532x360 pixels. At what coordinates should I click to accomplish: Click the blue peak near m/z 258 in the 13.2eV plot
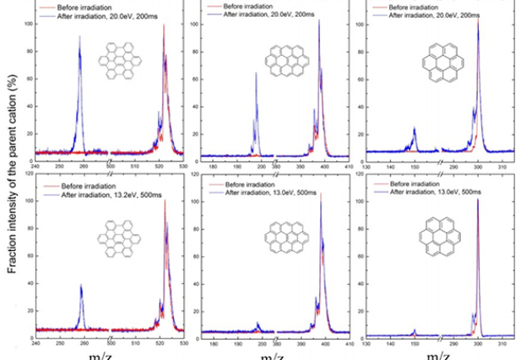pos(81,287)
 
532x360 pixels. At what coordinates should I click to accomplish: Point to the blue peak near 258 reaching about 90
pos(79,38)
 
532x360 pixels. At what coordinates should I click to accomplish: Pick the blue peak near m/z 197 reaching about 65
pos(256,74)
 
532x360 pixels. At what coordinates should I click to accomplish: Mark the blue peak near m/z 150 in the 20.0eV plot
pos(415,128)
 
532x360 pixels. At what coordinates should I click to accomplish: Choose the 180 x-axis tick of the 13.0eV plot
pos(214,343)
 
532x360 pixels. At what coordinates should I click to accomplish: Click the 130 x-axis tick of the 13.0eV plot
pos(366,343)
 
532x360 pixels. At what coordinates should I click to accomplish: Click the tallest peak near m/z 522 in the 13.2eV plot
pos(165,200)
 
